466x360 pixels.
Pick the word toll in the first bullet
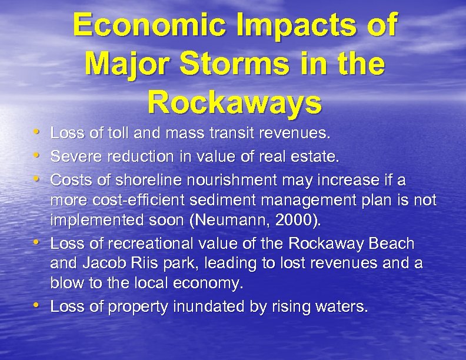[x=112, y=135]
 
